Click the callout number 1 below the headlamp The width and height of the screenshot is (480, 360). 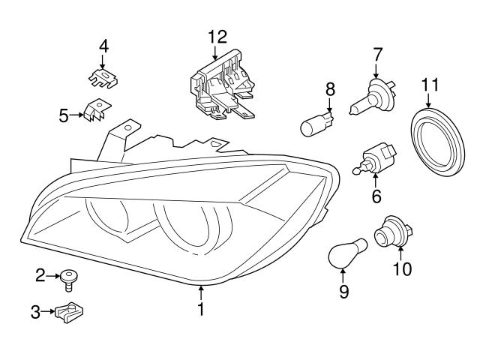click(x=201, y=308)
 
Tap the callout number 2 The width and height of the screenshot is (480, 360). click(x=40, y=277)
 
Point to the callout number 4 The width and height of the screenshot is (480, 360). click(x=103, y=46)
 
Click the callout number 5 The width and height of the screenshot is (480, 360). click(x=64, y=115)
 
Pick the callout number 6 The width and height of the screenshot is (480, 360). click(x=376, y=196)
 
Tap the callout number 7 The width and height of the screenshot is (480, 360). click(x=377, y=54)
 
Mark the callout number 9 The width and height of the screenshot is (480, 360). click(x=344, y=290)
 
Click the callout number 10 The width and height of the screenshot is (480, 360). click(x=402, y=268)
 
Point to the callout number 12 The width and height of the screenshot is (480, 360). click(x=217, y=35)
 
